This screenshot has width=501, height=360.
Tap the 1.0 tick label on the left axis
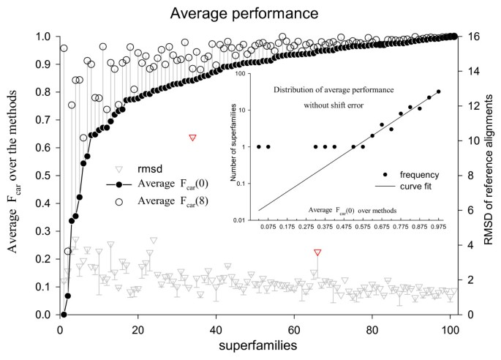44,37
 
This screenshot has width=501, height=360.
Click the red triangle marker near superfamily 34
193,138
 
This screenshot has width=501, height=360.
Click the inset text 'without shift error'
334,105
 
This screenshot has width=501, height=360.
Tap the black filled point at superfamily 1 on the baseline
64,315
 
